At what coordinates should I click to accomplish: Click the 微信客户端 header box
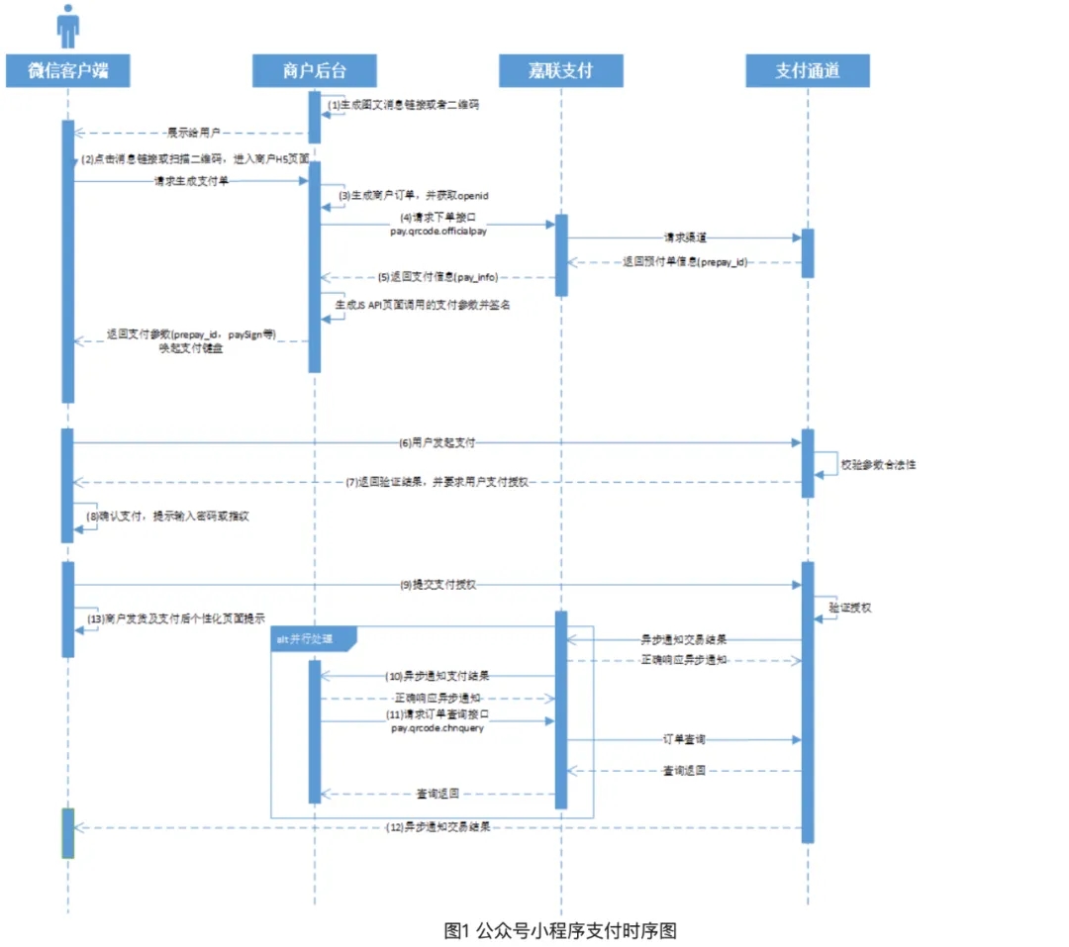point(67,71)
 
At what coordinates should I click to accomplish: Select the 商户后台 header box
point(315,71)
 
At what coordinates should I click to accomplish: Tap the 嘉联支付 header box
point(561,71)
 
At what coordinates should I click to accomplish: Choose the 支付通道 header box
point(808,71)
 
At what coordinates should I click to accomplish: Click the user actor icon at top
point(67,26)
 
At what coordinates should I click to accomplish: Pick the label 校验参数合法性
point(878,463)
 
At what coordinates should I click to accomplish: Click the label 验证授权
point(850,607)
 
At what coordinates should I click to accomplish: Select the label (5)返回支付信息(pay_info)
point(437,277)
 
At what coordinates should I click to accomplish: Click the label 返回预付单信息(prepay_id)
point(686,262)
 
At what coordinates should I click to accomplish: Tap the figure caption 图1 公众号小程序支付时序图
point(560,930)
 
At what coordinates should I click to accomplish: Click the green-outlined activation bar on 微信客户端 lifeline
point(67,832)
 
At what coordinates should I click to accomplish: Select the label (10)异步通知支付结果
point(437,676)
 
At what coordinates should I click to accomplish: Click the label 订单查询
point(684,739)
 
